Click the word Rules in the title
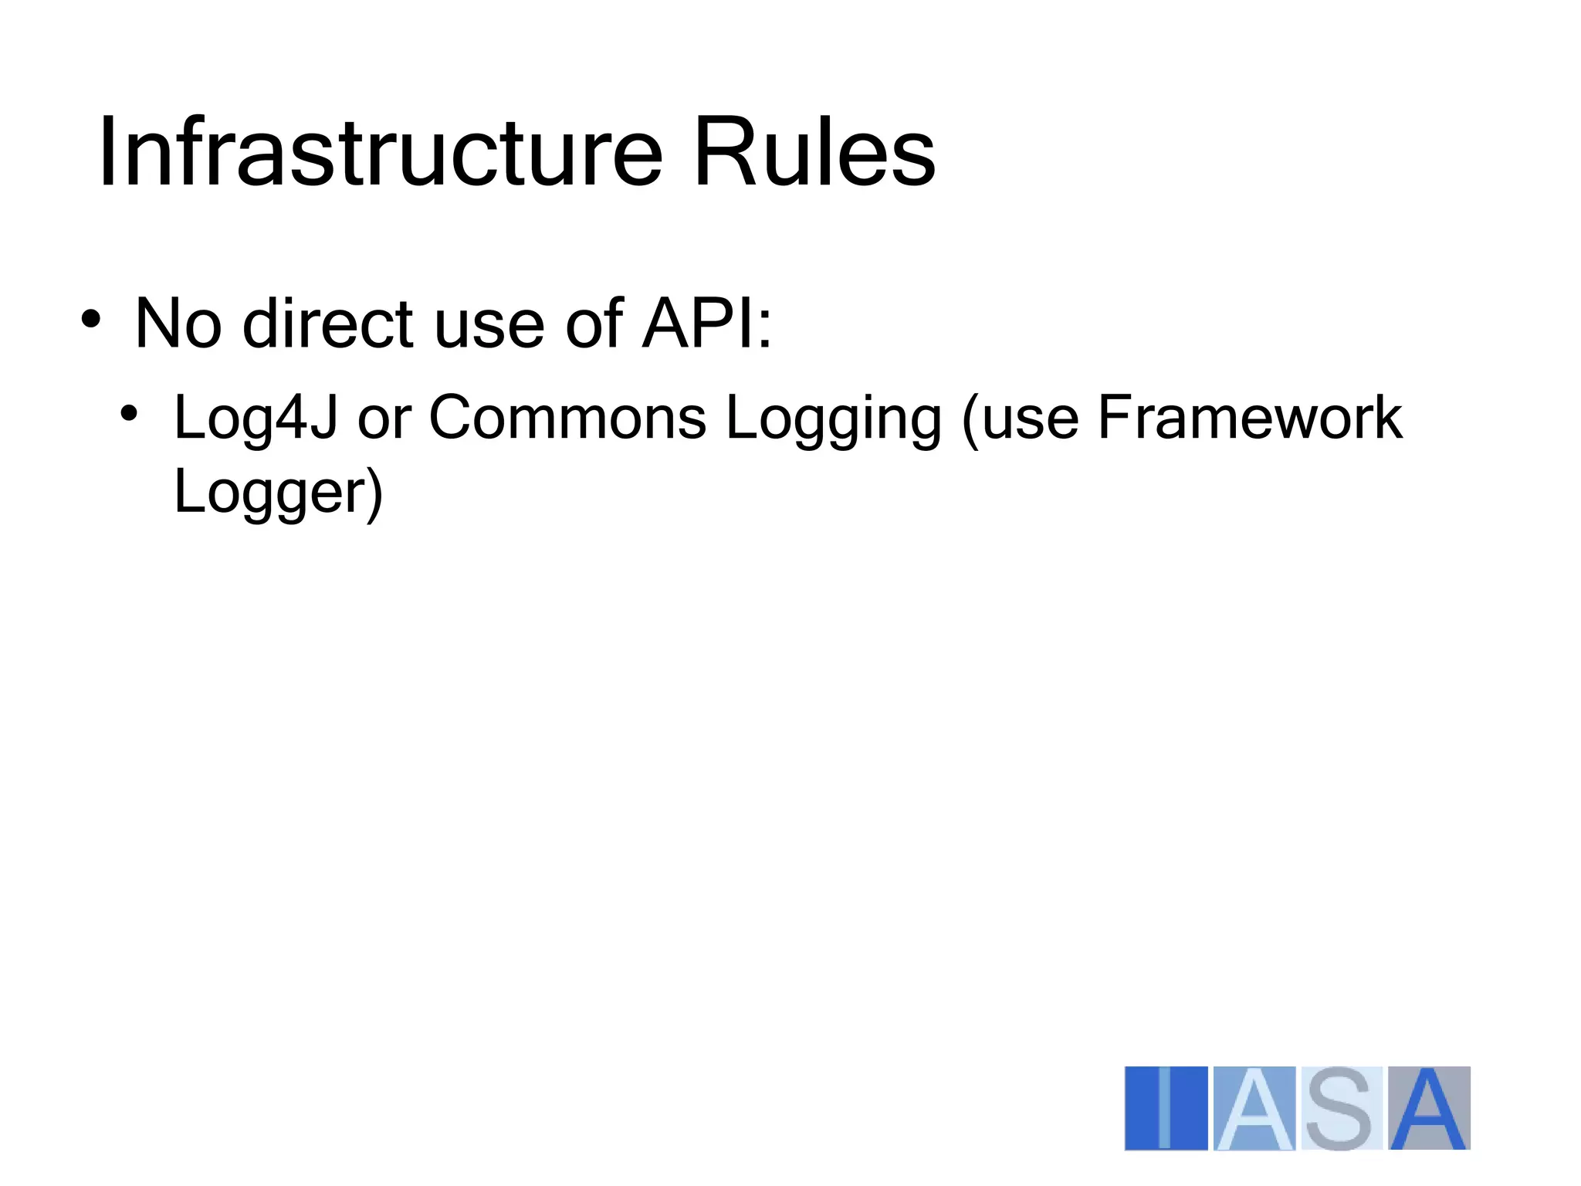coord(814,152)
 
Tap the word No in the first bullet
coord(178,324)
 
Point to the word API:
coord(707,324)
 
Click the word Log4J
coord(256,418)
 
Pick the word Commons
coord(567,418)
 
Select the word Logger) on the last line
coord(278,493)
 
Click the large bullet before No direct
coord(90,320)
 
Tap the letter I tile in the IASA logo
coord(1166,1108)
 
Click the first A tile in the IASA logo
coord(1254,1108)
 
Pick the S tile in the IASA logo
coord(1342,1108)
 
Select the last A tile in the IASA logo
coord(1429,1108)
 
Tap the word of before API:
coord(594,324)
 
